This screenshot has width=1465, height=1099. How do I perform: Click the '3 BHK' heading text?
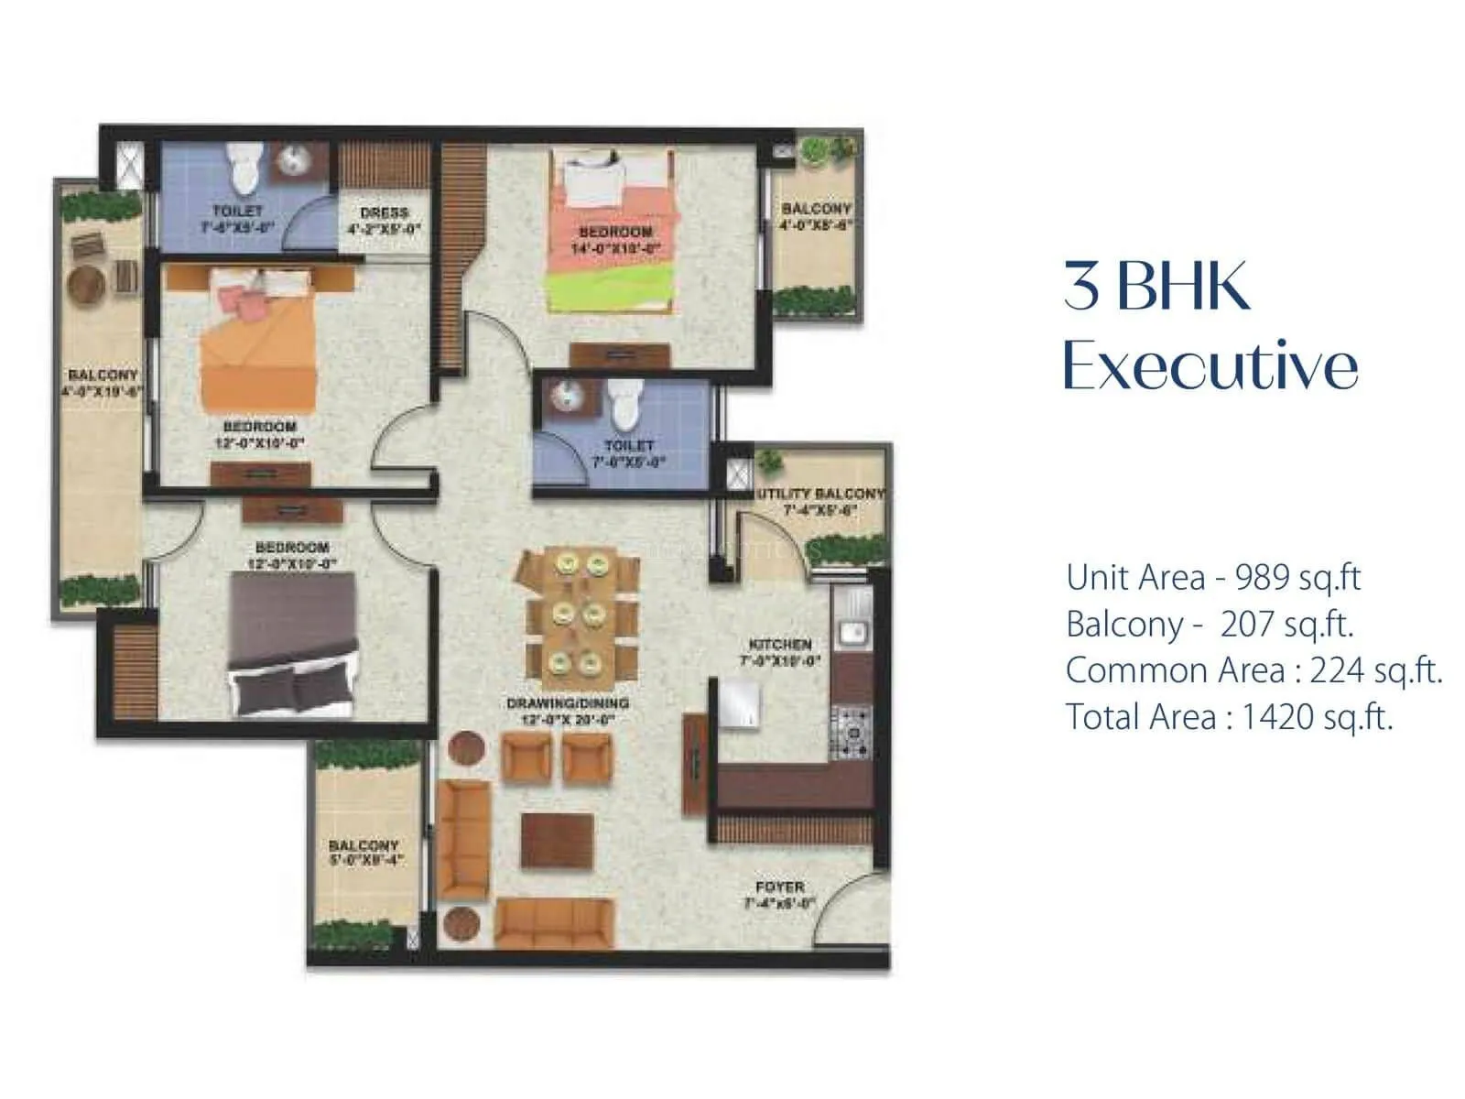click(1156, 286)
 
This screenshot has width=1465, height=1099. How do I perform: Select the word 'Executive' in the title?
click(1210, 366)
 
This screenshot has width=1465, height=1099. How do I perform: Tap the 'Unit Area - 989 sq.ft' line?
click(1213, 578)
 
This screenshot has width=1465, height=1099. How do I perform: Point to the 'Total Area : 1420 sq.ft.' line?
click(1229, 717)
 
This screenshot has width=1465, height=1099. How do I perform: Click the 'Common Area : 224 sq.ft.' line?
click(1253, 670)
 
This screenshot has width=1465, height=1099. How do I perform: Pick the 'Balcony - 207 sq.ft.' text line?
click(1210, 625)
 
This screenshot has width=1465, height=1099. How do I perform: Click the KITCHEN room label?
click(780, 645)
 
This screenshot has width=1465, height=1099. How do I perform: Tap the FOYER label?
click(780, 887)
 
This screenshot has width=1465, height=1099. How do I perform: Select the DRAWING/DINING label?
click(568, 703)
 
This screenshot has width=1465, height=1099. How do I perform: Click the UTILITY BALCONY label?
click(820, 494)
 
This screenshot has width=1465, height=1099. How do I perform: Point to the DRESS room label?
click(384, 212)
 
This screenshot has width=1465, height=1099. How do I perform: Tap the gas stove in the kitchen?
click(851, 732)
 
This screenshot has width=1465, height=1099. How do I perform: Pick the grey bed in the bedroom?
click(291, 645)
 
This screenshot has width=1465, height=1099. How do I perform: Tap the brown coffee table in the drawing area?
click(558, 839)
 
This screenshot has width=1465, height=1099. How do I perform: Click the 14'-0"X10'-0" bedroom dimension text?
click(615, 249)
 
